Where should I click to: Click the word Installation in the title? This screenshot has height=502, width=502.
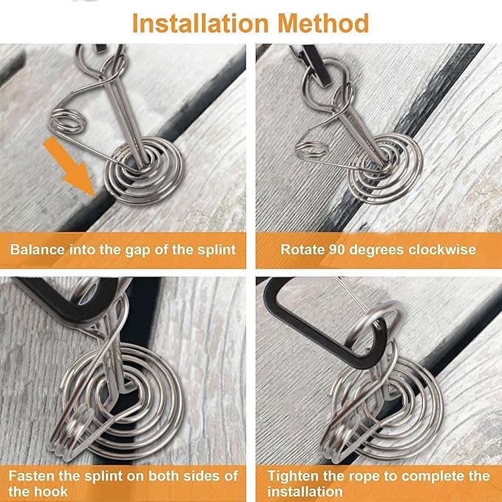[x=200, y=23]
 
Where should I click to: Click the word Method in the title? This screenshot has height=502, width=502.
[x=323, y=23]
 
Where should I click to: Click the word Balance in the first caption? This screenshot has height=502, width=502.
[x=38, y=249]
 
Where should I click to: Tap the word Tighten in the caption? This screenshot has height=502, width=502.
[x=294, y=475]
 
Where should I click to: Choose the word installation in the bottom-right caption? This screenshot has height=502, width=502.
[x=304, y=492]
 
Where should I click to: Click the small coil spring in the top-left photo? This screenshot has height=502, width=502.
[x=67, y=121]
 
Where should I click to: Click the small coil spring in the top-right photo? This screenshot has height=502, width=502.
[x=311, y=149]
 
